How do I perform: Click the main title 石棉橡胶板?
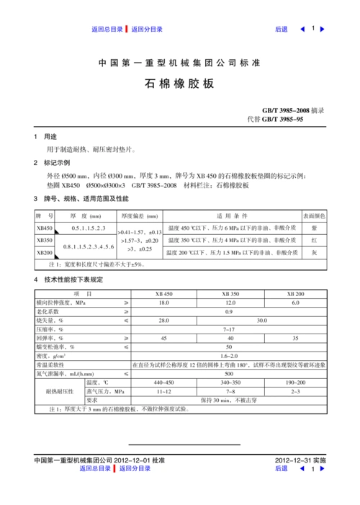[179, 84]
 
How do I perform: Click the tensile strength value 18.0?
[163, 303]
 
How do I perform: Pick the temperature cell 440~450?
[163, 382]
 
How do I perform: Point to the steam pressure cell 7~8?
[230, 390]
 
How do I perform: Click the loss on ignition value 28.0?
[163, 320]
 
